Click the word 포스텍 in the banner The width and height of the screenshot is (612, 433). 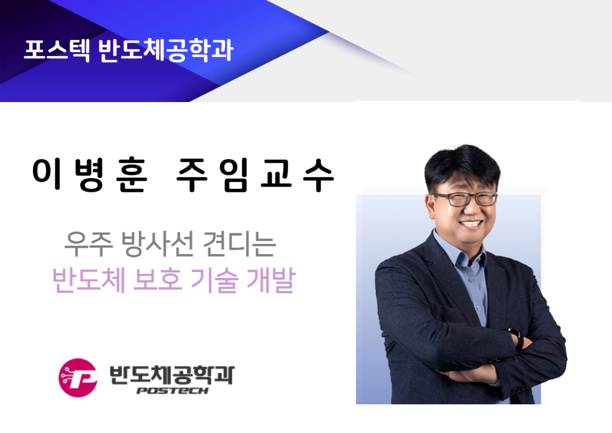click(x=57, y=50)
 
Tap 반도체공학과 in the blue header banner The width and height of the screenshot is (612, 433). click(x=166, y=50)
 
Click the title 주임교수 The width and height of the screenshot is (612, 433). click(x=255, y=174)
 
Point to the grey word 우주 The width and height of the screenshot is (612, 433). click(x=88, y=243)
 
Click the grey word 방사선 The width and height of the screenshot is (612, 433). click(x=158, y=243)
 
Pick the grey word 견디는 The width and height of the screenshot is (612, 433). click(x=239, y=243)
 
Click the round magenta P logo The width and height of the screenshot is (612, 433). click(x=78, y=378)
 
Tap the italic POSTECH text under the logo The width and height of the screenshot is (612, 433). click(x=172, y=391)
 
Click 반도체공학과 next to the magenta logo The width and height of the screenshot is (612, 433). click(x=172, y=375)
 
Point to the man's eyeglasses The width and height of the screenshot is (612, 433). click(x=464, y=199)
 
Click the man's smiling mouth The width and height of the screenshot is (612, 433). click(x=471, y=224)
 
